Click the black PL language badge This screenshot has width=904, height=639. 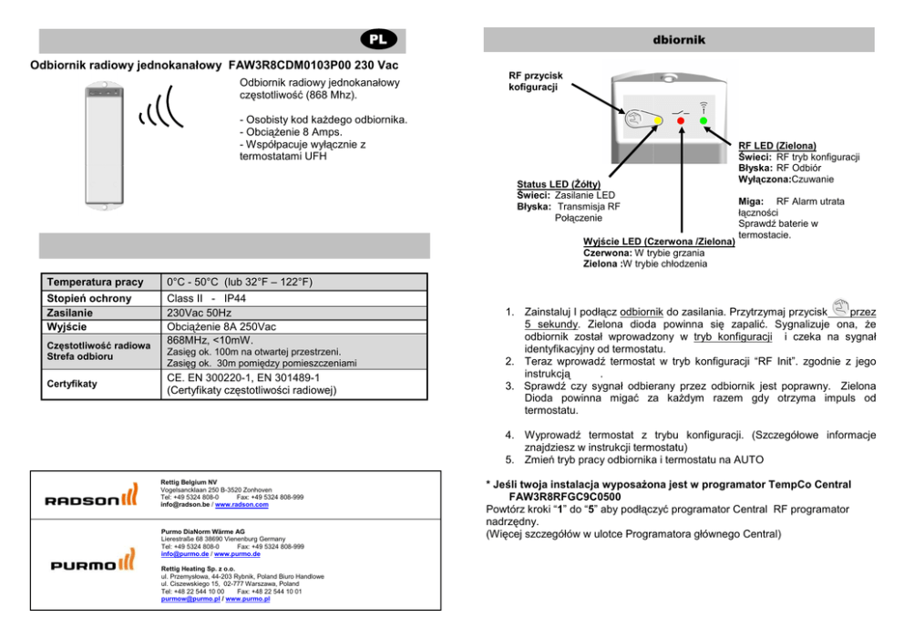(375, 40)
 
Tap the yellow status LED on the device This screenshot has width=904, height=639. (657, 120)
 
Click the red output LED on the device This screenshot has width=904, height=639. (680, 120)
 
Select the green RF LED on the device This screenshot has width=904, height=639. (703, 120)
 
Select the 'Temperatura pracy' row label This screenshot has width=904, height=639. (94, 283)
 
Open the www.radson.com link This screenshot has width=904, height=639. (241, 504)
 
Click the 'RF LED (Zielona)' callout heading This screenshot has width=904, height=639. (776, 145)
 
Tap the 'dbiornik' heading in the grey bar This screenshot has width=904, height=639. (679, 40)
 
